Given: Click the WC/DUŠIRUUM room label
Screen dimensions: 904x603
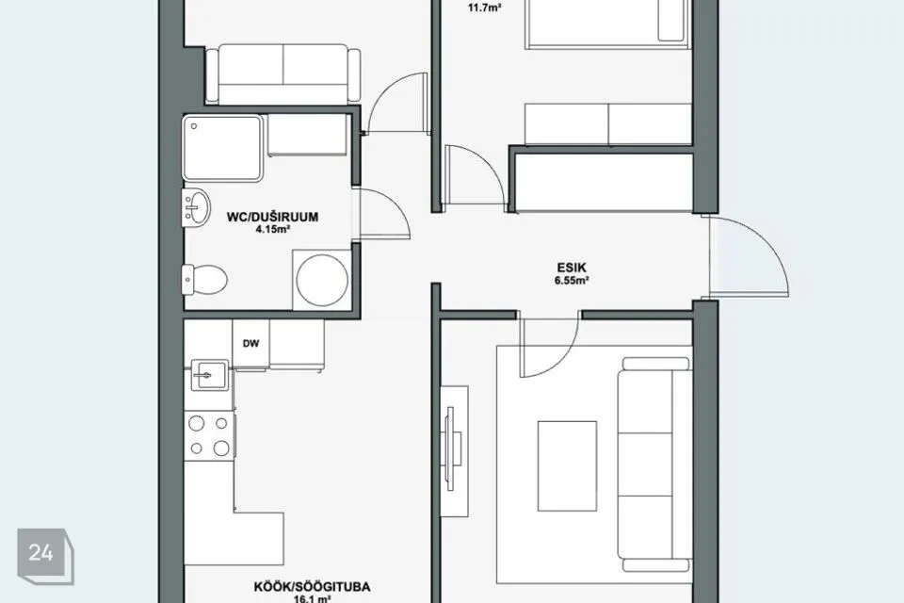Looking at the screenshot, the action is click(272, 217).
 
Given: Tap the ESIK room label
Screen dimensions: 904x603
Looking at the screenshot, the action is click(572, 268).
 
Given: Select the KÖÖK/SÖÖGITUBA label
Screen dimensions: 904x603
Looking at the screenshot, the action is click(312, 587).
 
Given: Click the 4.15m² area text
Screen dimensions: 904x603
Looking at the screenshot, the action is click(272, 229).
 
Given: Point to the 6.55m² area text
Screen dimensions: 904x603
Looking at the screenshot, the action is click(572, 281).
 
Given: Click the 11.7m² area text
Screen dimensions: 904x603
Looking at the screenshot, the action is click(484, 8).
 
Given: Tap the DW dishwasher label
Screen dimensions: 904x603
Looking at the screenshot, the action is click(250, 343).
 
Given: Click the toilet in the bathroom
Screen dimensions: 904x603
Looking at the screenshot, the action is click(204, 279).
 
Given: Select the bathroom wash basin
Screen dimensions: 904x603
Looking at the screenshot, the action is click(197, 207).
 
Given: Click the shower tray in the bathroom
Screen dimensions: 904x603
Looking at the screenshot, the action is click(222, 148).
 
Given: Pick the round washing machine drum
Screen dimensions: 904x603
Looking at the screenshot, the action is click(322, 279).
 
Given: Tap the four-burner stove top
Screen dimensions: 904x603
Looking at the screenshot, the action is click(209, 435).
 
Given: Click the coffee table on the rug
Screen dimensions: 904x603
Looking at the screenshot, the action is click(567, 466).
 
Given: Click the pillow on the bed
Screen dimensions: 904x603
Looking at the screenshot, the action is click(672, 21).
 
